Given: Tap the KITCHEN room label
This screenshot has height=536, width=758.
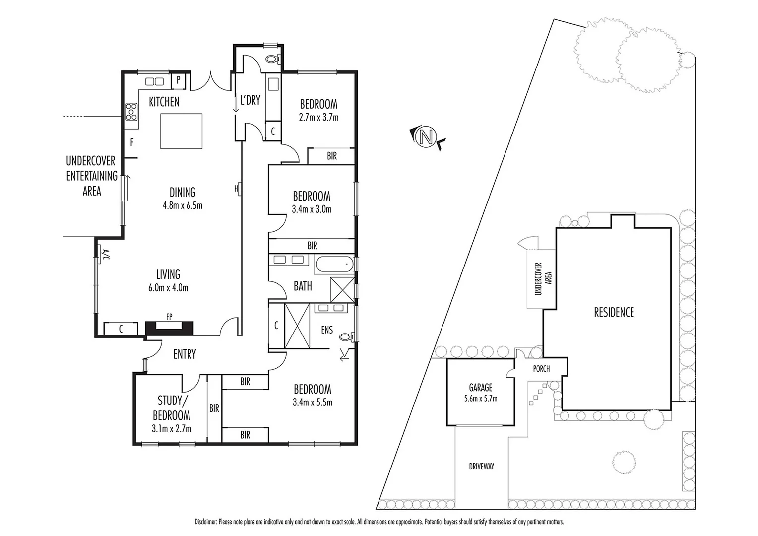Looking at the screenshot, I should [164, 102].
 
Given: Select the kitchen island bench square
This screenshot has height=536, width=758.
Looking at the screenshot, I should [181, 131].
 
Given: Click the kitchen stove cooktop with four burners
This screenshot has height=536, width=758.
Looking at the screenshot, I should [131, 112].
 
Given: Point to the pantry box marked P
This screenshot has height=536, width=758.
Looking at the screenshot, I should [178, 81].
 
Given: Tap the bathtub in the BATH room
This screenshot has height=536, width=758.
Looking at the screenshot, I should [334, 265].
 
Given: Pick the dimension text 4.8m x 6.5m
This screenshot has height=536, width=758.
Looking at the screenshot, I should [183, 205].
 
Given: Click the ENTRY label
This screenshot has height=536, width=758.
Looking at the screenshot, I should [185, 354].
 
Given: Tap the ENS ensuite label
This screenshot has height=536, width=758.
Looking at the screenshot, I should [326, 330].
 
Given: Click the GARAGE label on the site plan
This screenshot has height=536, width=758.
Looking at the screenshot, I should [480, 387].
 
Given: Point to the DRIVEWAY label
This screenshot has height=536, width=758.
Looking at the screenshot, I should [481, 467].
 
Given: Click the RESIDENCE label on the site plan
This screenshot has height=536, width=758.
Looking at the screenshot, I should [614, 312].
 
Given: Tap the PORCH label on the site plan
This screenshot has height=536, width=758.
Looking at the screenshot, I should [541, 369].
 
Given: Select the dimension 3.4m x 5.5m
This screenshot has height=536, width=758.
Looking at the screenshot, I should [313, 402].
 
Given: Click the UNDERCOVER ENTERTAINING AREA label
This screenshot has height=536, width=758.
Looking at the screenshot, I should [92, 176].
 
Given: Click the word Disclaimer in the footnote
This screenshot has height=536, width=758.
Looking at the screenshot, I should [205, 522].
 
